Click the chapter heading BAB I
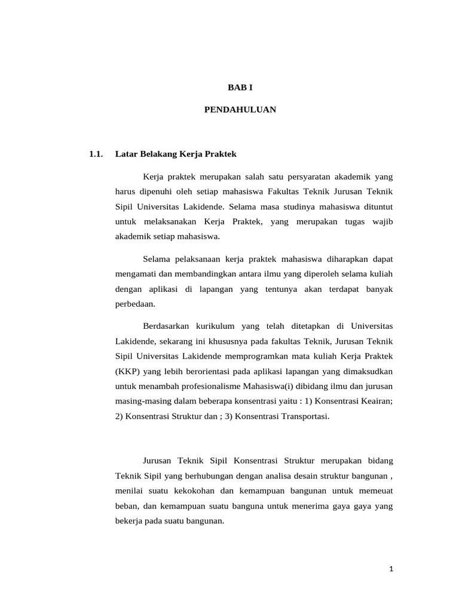(241, 87)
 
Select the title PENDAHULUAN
(240, 110)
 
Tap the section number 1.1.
(96, 154)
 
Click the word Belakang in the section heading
(157, 154)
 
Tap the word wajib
(382, 221)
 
